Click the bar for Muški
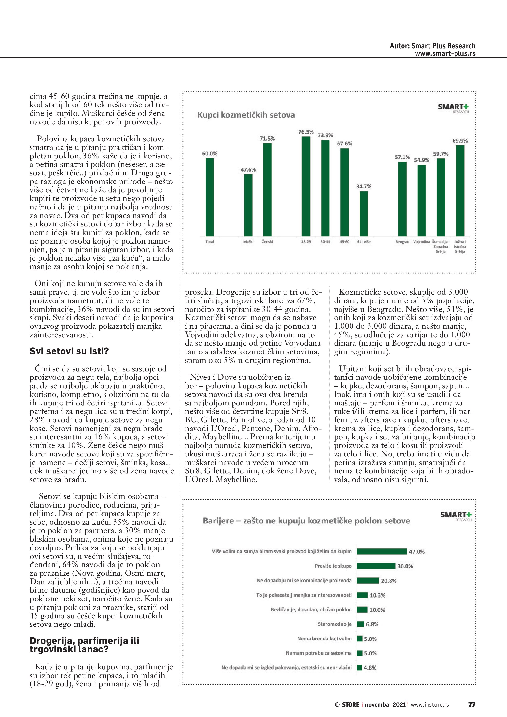[248, 205]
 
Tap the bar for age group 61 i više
[364, 214]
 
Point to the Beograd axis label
[402, 242]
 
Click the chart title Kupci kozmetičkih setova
[246, 115]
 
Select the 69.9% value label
[460, 141]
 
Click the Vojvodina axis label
[421, 242]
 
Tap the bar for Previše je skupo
[376, 566]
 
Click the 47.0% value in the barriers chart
[416, 551]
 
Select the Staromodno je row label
[335, 624]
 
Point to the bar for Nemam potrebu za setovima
[360, 653]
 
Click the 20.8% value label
[389, 581]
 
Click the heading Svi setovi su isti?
[69, 351]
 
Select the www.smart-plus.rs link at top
[445, 53]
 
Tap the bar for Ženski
[267, 190]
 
